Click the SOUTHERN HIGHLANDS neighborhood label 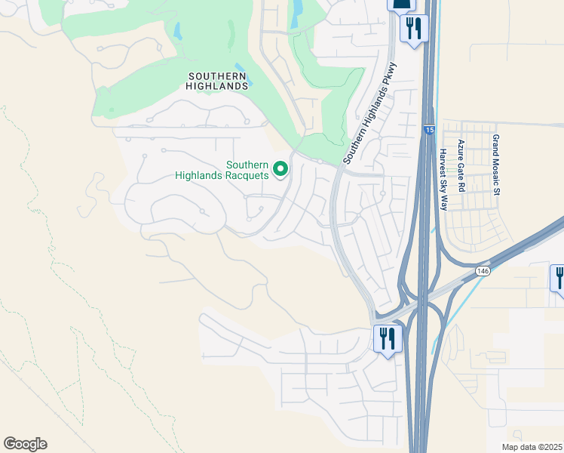pos(218,81)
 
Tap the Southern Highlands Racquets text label pos(222,170)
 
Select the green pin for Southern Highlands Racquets pos(280,169)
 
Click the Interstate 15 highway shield pos(428,131)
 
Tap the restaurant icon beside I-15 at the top pos(414,29)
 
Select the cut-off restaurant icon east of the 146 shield pos(558,278)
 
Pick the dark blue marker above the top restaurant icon pos(400,5)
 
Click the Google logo pos(25,444)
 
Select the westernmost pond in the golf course pos(178,32)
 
